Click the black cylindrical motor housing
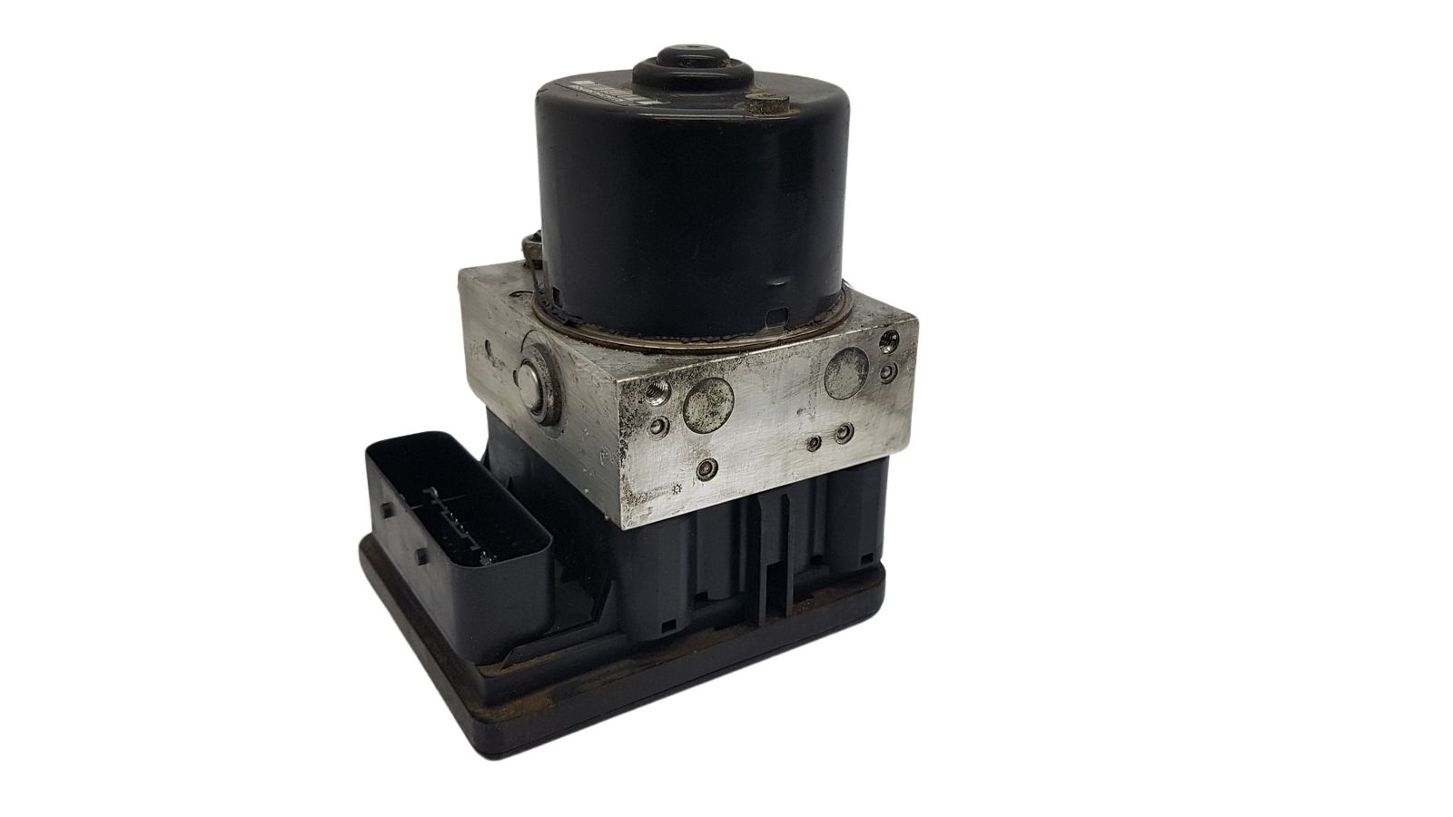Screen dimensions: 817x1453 (690, 209)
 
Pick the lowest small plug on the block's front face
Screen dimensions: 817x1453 (705, 468)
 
